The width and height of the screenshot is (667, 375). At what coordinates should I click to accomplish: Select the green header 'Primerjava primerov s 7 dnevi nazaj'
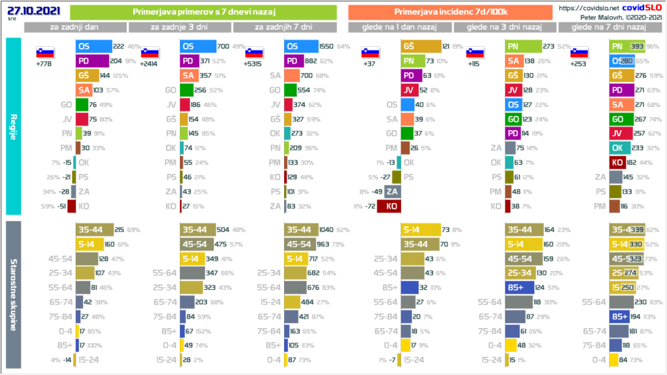point(203,12)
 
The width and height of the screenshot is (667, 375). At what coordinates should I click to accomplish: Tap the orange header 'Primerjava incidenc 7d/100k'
point(451,12)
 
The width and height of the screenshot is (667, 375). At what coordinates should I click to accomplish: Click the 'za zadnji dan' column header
point(75,27)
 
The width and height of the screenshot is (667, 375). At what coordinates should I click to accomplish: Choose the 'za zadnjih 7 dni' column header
point(284,27)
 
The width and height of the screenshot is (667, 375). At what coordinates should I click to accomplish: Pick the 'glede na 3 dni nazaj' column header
point(505,27)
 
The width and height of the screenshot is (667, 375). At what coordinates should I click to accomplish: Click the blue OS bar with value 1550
point(301,47)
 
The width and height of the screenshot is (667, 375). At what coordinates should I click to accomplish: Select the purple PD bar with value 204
point(92,61)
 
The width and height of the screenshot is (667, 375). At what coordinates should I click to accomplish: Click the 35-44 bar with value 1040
point(306,230)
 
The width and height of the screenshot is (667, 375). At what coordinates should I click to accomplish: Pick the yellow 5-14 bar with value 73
point(419,230)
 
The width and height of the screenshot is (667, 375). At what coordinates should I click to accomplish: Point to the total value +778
point(44,65)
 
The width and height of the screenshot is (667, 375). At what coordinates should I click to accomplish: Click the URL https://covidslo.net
point(584,8)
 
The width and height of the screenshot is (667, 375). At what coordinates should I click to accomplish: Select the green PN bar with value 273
point(523,47)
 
